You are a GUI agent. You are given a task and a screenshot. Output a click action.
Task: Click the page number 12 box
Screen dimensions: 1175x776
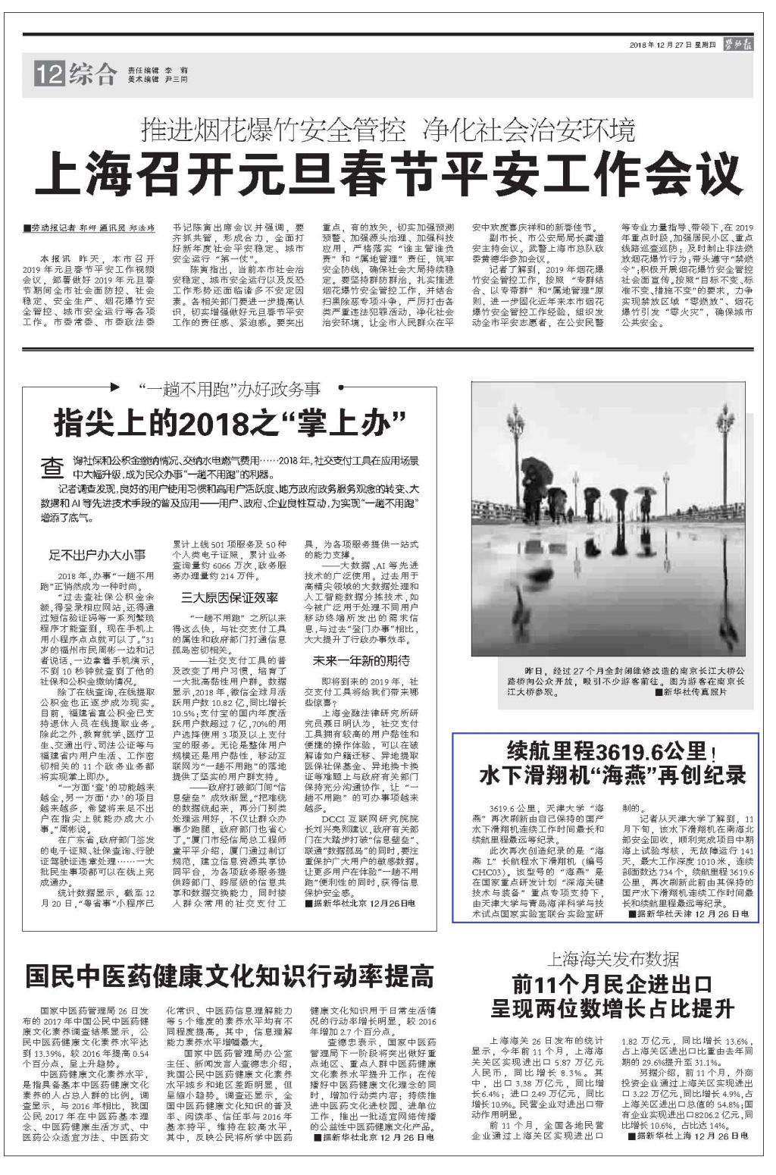click(48, 75)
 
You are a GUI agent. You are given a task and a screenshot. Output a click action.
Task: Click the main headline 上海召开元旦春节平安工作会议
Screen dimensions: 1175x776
click(387, 174)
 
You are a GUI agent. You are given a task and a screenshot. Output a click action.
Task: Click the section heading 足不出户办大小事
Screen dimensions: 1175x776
click(98, 555)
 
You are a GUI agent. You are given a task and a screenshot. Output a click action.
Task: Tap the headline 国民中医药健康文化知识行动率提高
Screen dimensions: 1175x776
click(229, 976)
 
